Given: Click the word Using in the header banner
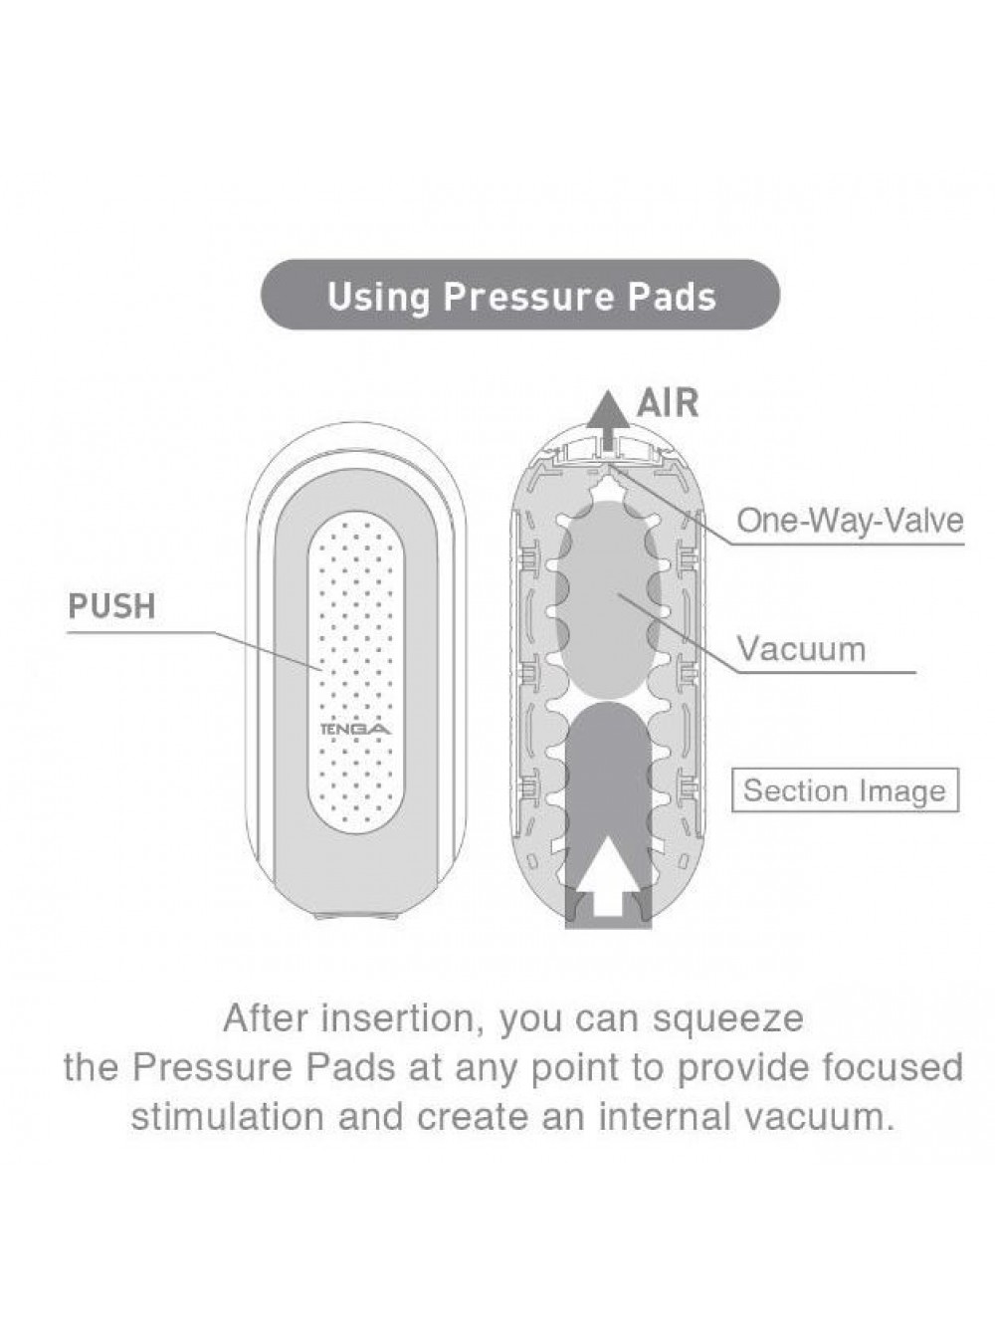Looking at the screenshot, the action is pos(378,298).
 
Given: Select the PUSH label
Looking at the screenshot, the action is pos(111,606).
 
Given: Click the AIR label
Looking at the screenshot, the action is pos(668,403).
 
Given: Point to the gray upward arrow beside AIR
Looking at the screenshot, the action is pos(608,420).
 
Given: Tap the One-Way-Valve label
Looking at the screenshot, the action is pos(850,521).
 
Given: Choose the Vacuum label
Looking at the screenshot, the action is pos(801,648).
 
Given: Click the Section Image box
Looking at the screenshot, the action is pos(845,790).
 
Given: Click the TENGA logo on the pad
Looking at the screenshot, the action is pos(355,730).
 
